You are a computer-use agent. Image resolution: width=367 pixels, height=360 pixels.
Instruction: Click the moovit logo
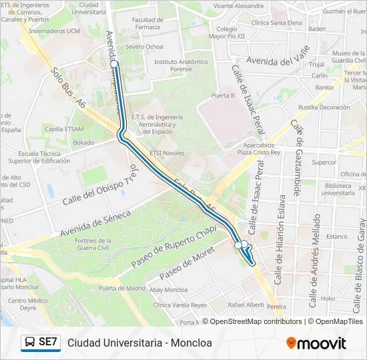point(316,343)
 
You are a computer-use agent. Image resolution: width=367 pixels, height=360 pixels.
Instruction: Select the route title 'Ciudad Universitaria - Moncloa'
point(139,343)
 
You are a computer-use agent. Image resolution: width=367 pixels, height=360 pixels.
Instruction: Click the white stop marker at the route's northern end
point(115,64)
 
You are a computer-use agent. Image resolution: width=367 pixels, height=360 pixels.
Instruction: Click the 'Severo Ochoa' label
point(143,47)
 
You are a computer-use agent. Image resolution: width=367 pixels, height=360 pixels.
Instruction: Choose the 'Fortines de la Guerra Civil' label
point(97,244)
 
